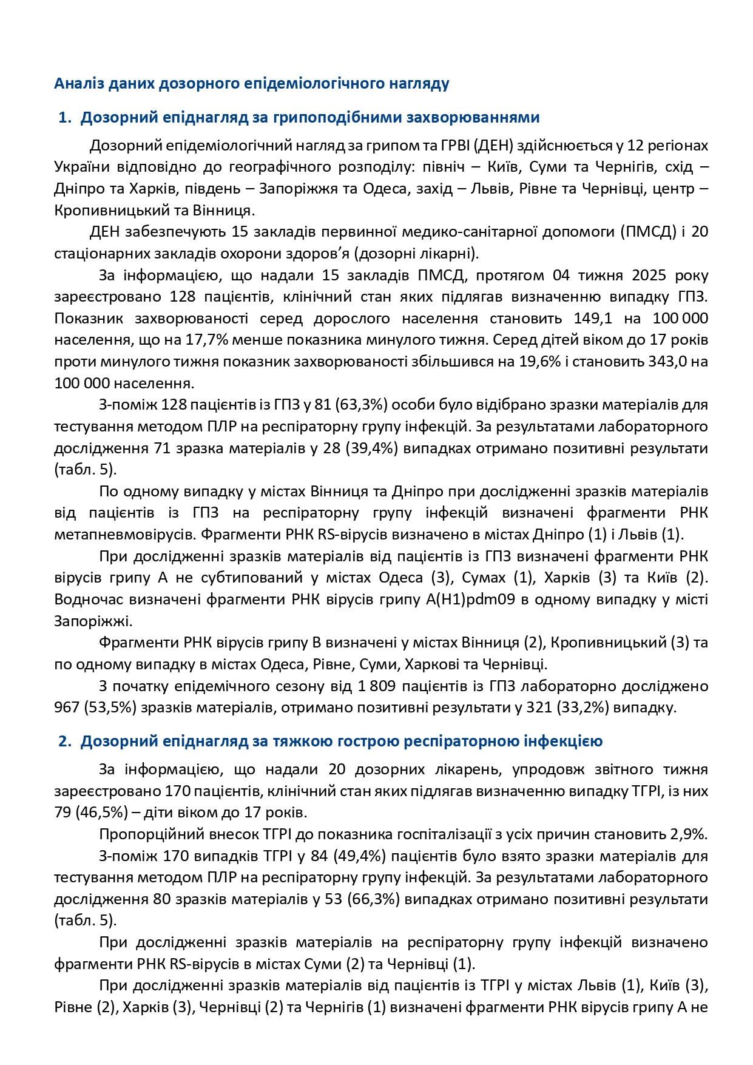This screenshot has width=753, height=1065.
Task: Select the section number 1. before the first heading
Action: click(x=65, y=117)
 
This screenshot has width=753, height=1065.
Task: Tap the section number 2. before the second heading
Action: click(x=65, y=741)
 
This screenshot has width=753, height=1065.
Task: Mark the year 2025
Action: click(x=649, y=276)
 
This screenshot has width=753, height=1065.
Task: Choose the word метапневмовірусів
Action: click(x=125, y=535)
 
